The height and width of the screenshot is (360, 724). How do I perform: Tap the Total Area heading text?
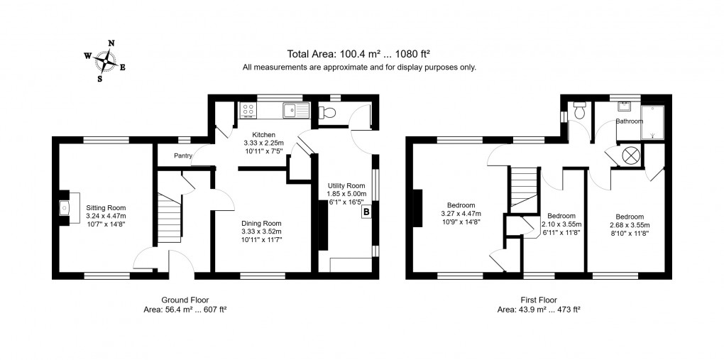pos(359,54)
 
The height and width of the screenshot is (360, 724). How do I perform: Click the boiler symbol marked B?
pos(366,212)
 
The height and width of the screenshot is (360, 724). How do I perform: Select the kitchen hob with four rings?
pos(248,109)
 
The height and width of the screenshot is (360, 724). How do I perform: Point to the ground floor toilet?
pos(327,111)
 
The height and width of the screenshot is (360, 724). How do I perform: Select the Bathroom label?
pos(629,121)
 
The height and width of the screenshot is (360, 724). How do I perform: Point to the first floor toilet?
pos(579,111)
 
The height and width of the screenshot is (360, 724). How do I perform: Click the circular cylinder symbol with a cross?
pos(630,155)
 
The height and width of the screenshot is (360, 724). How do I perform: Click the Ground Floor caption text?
pos(184,300)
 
